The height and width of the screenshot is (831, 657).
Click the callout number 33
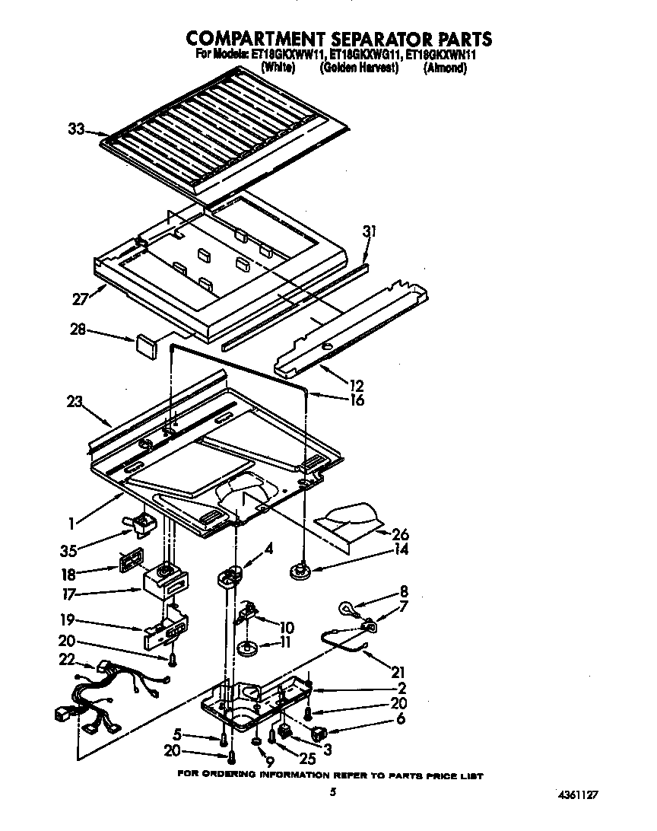[76, 129]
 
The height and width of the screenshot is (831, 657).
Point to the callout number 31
[370, 231]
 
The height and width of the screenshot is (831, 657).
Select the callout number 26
[400, 535]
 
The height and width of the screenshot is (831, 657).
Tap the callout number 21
[398, 672]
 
